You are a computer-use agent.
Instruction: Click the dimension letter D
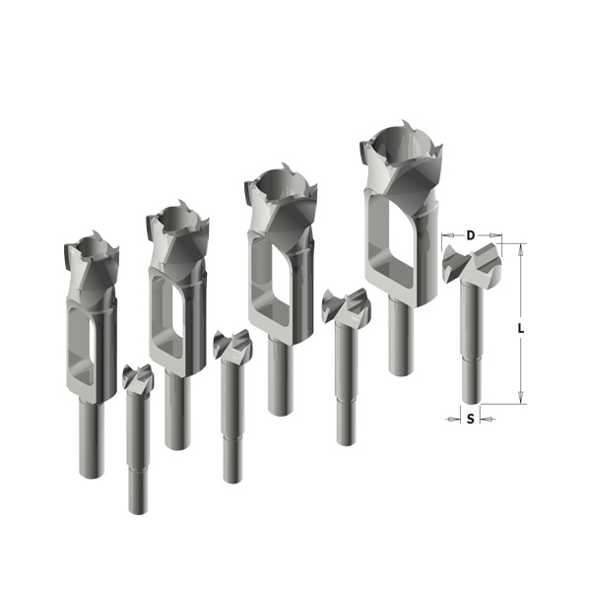click(x=471, y=235)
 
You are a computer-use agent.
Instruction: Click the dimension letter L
click(x=520, y=329)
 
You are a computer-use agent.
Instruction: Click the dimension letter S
click(x=470, y=419)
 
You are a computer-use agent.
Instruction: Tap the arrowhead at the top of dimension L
click(x=520, y=250)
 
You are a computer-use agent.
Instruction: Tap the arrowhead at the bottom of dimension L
click(x=520, y=398)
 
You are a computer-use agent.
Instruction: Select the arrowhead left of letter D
click(x=448, y=235)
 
